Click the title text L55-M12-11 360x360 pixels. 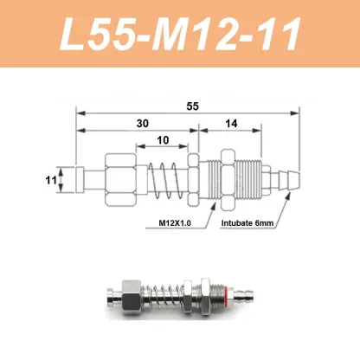pyautogui.click(x=180, y=36)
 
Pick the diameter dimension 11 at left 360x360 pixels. pyautogui.click(x=51, y=181)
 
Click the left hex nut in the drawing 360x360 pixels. pyautogui.click(x=119, y=180)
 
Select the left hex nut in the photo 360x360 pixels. pyautogui.click(x=138, y=305)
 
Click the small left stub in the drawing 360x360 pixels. pyautogui.click(x=83, y=181)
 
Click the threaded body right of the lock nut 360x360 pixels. pyautogui.click(x=252, y=180)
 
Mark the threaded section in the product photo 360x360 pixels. pyautogui.click(x=206, y=305)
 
